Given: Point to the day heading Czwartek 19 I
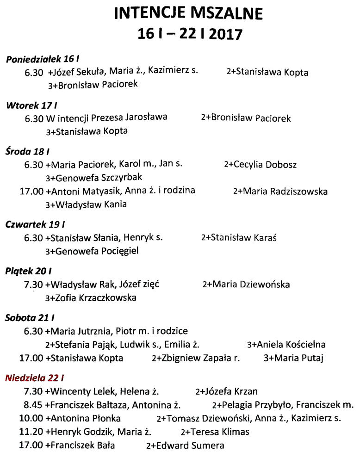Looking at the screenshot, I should click(35, 225).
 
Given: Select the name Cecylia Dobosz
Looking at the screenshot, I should click(265, 165).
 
